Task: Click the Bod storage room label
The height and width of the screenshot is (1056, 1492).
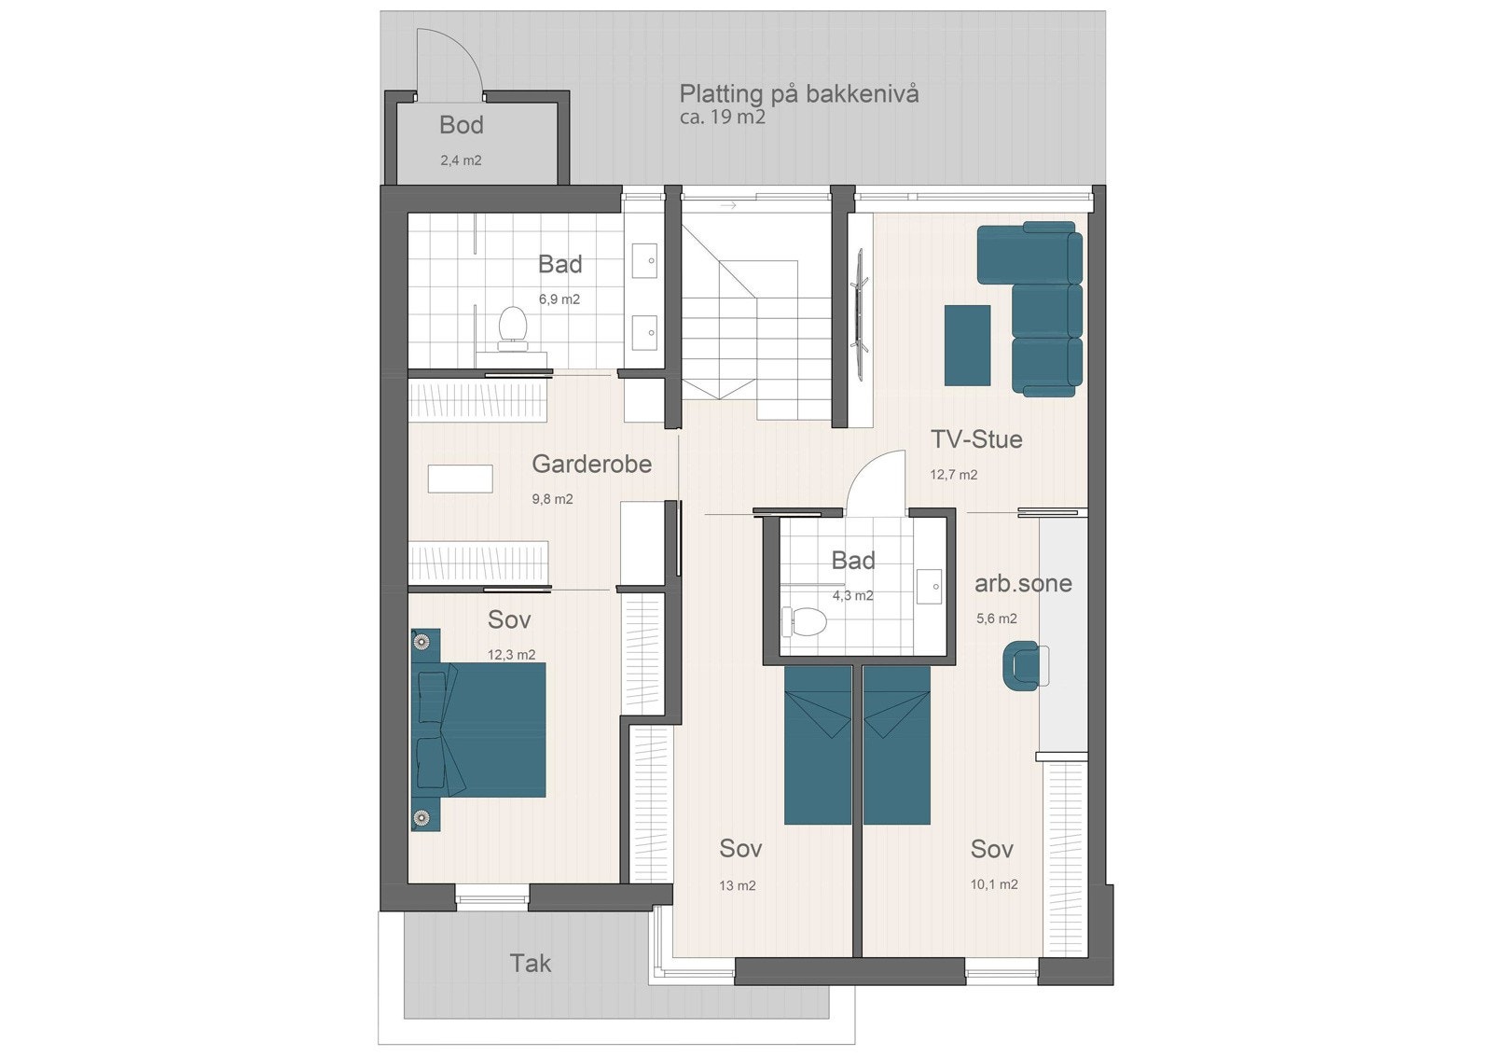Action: pos(461,125)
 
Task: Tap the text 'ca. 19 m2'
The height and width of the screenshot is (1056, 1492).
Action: pos(722,117)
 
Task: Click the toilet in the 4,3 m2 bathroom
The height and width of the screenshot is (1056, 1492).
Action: pos(806,621)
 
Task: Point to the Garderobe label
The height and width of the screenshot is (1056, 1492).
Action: pos(591,464)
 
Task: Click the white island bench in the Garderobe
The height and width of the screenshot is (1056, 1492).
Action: pos(460,479)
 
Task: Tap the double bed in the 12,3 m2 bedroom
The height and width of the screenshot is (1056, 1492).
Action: pos(480,729)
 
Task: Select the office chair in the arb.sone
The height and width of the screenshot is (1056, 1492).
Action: pos(1022,666)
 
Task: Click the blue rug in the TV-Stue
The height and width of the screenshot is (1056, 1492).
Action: pos(967,345)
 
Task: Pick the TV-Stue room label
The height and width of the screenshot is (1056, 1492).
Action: pos(976,439)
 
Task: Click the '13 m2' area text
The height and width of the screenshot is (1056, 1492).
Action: pos(737,885)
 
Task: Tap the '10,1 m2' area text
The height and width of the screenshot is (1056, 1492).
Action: pos(994,884)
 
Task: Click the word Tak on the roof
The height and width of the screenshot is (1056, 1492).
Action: pos(530,963)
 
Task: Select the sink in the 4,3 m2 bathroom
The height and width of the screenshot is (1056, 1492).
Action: pos(930,587)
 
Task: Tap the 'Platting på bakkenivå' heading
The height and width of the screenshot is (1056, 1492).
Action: pos(798,93)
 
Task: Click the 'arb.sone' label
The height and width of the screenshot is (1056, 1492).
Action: pos(1023,584)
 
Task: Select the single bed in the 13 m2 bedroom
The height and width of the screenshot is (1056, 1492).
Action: pos(818,746)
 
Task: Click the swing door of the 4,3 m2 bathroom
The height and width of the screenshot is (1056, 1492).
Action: pos(877,480)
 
